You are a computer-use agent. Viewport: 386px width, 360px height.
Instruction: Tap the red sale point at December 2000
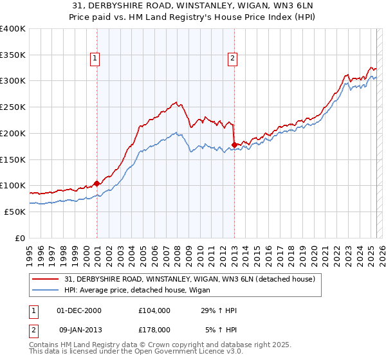(96, 183)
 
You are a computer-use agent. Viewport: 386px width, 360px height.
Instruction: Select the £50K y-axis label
(15, 212)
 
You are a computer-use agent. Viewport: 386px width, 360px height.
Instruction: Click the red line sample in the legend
(46, 279)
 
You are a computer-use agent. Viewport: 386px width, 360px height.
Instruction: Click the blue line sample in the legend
(46, 291)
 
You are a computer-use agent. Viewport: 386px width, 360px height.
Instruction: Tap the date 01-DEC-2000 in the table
(80, 310)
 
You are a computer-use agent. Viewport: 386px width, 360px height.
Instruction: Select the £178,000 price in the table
(154, 329)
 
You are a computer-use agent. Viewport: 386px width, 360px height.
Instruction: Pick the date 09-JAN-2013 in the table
(80, 329)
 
